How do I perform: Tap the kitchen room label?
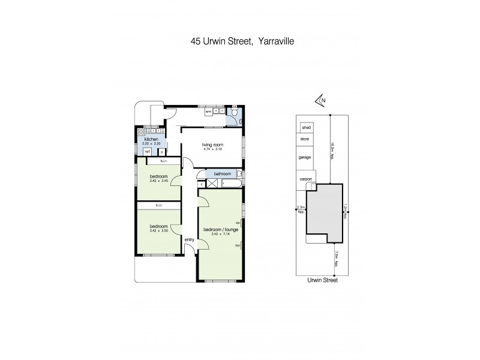[x=151, y=139]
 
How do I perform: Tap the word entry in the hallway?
[x=189, y=240]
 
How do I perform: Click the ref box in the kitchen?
[x=147, y=152]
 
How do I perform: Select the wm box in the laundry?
[x=208, y=112]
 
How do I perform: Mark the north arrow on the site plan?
[x=320, y=101]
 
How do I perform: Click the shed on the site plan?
[x=306, y=128]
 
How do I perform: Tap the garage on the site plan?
[x=306, y=157]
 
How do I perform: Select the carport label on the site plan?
[x=306, y=178]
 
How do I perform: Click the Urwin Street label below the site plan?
[x=323, y=280]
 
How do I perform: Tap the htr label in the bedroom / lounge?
[x=238, y=245]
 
